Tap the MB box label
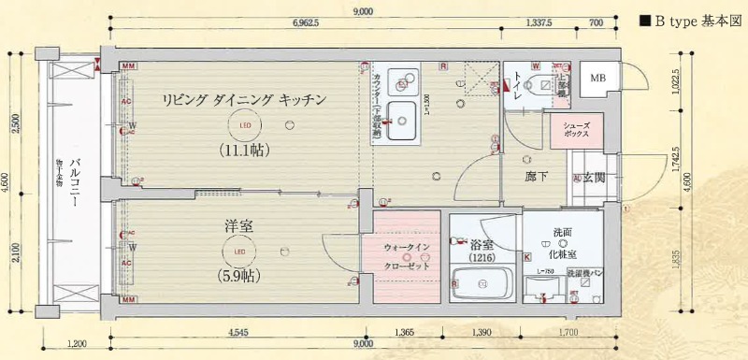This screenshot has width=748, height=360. (x=596, y=78)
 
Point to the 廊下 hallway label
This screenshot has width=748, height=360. (x=536, y=177)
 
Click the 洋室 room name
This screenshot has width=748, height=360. (x=239, y=226)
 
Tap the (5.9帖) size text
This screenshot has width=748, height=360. (x=239, y=276)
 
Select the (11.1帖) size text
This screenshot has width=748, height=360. (x=245, y=149)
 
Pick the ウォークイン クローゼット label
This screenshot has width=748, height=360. (x=406, y=254)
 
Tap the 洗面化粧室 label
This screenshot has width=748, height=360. (x=563, y=244)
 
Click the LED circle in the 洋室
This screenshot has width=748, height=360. (x=239, y=251)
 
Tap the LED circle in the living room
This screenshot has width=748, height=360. (x=245, y=124)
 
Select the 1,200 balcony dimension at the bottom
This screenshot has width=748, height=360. (x=77, y=344)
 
